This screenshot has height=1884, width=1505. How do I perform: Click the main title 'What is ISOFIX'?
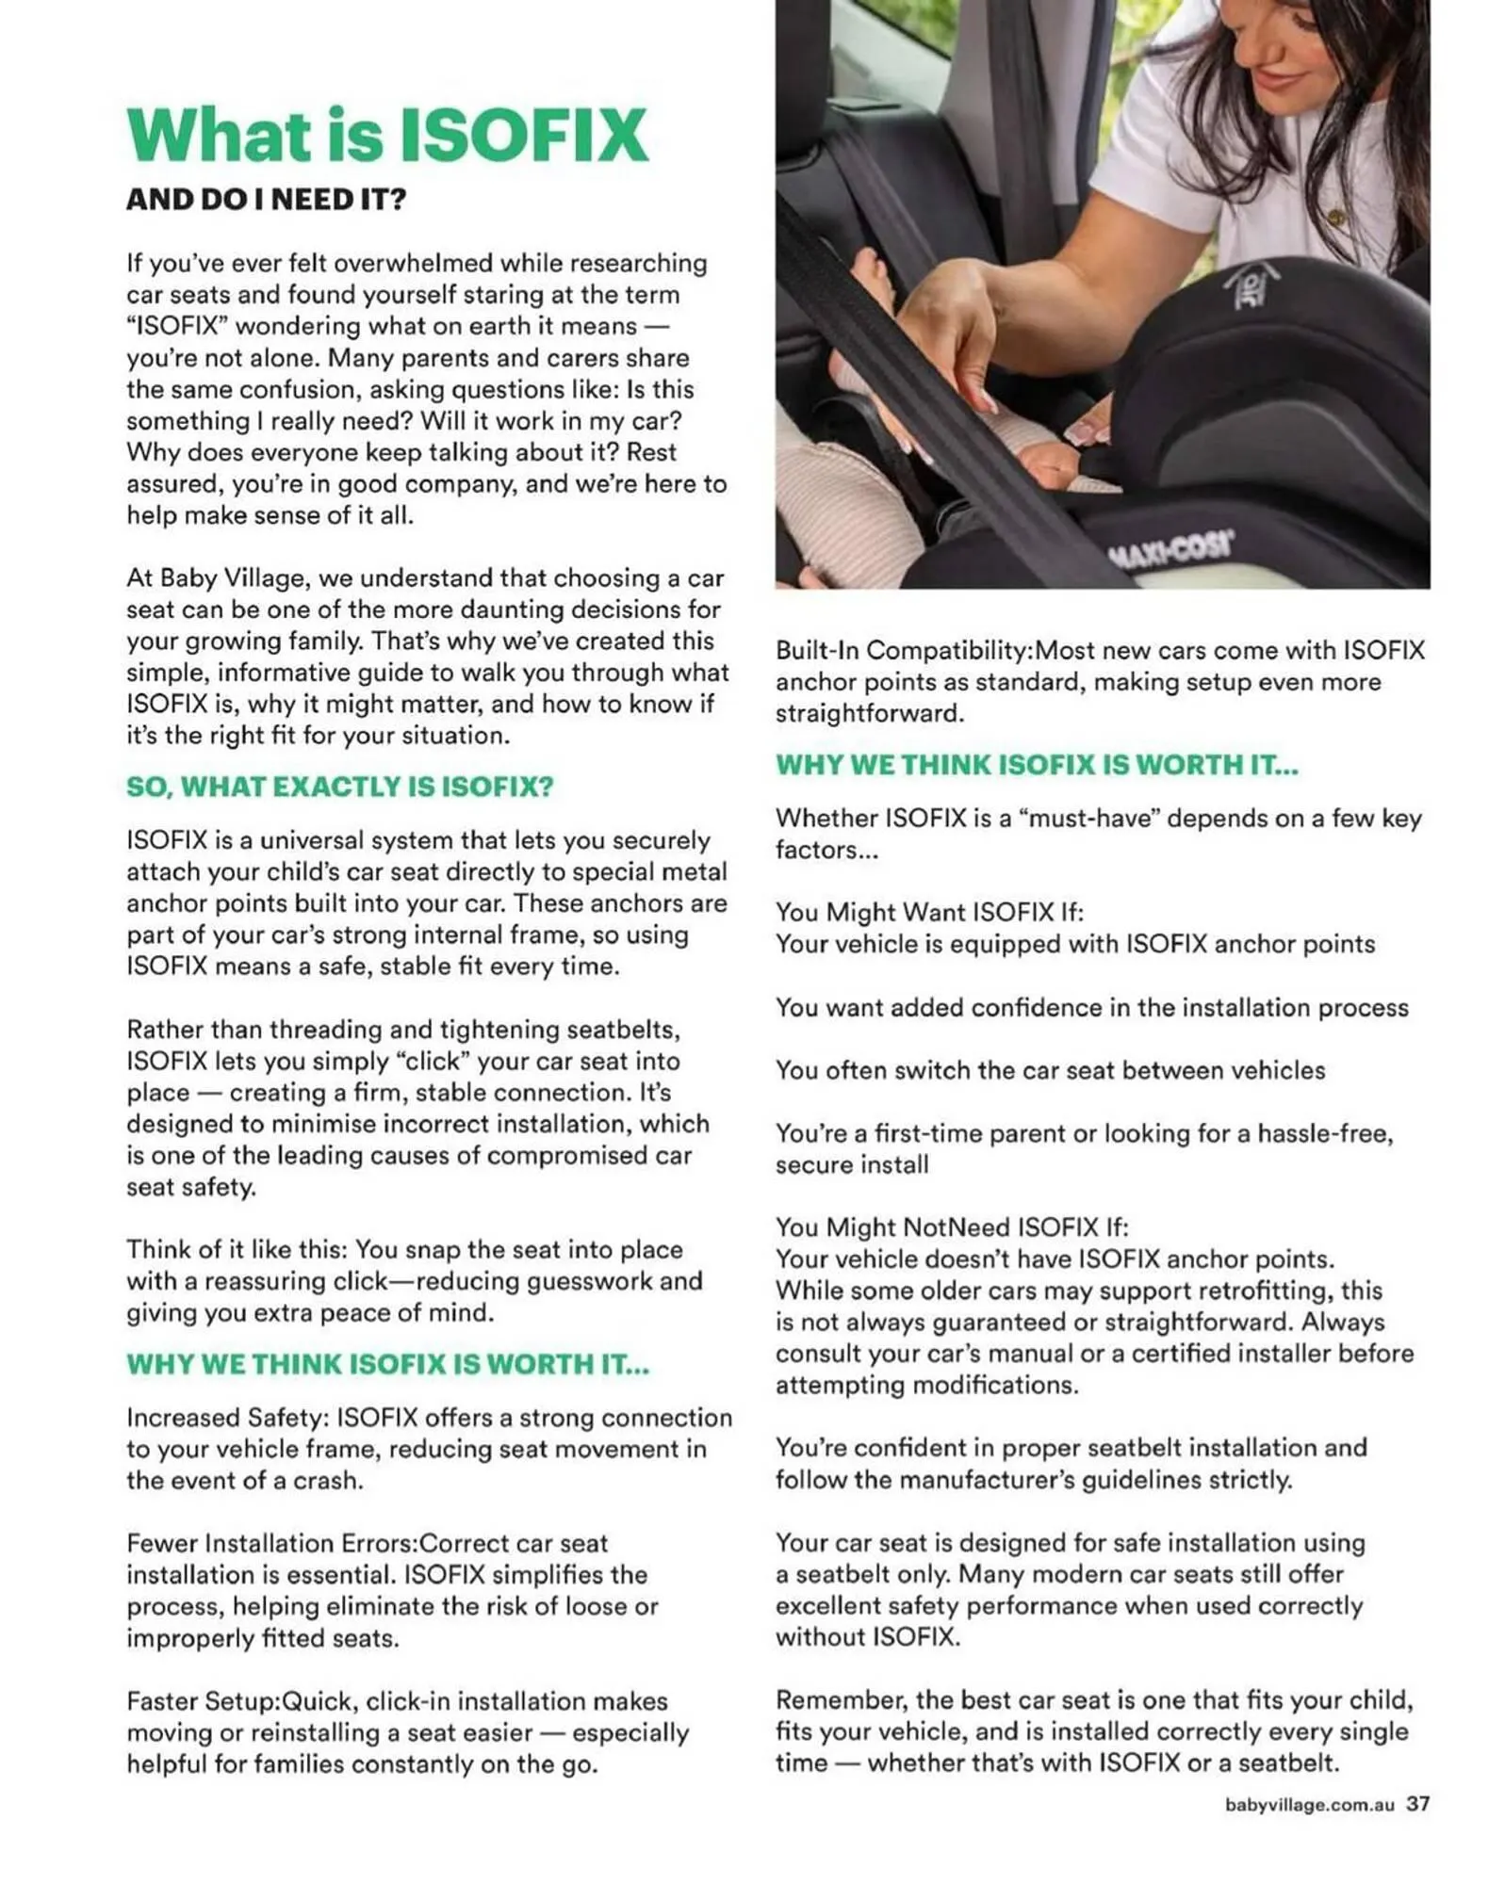pyautogui.click(x=386, y=135)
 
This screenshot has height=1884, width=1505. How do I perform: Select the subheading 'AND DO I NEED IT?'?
pyautogui.click(x=266, y=200)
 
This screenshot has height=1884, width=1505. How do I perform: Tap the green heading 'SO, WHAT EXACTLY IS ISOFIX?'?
pyautogui.click(x=339, y=787)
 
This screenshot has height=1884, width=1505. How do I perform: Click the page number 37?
pyautogui.click(x=1417, y=1803)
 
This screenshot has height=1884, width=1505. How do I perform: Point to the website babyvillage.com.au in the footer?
pyautogui.click(x=1309, y=1805)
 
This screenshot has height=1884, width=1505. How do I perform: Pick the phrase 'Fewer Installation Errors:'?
pyautogui.click(x=272, y=1543)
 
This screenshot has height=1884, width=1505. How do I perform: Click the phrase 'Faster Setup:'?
pyautogui.click(x=204, y=1700)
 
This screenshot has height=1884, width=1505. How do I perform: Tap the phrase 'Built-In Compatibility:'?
pyautogui.click(x=904, y=650)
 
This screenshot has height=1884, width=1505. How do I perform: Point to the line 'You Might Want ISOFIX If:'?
pyautogui.click(x=929, y=912)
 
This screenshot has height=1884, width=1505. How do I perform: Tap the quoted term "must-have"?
pyautogui.click(x=1093, y=818)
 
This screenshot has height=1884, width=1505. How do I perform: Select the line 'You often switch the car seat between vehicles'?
pyautogui.click(x=1050, y=1070)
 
